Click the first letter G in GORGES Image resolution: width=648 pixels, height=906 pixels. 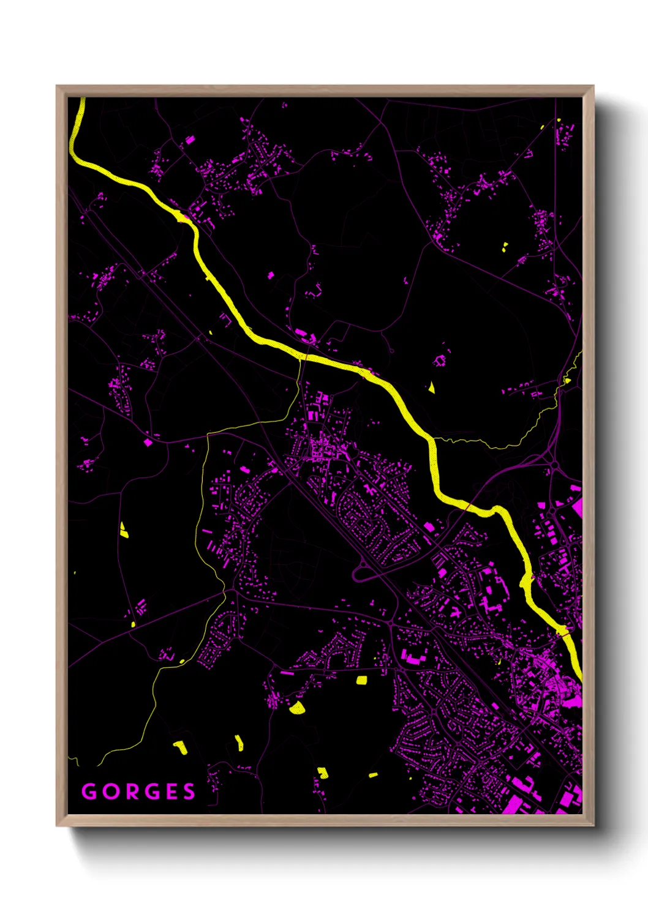[x=89, y=792]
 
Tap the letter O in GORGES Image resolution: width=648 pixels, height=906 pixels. [x=111, y=792]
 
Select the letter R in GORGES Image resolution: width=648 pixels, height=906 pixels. [x=132, y=792]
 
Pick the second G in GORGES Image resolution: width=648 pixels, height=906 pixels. [x=152, y=792]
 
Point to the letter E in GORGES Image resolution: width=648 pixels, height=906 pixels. [x=171, y=792]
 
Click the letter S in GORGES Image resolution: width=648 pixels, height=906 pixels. [x=189, y=792]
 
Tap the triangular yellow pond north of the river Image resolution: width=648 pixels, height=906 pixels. [x=431, y=387]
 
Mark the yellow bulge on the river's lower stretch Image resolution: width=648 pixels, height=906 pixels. [x=526, y=580]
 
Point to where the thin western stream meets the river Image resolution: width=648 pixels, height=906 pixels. [x=300, y=357]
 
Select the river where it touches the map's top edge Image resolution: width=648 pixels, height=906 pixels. [x=81, y=100]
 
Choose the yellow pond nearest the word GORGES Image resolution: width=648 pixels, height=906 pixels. [x=179, y=747]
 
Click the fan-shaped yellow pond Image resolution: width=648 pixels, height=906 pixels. [x=297, y=708]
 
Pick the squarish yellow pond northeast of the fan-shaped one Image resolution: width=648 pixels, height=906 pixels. [x=361, y=679]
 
